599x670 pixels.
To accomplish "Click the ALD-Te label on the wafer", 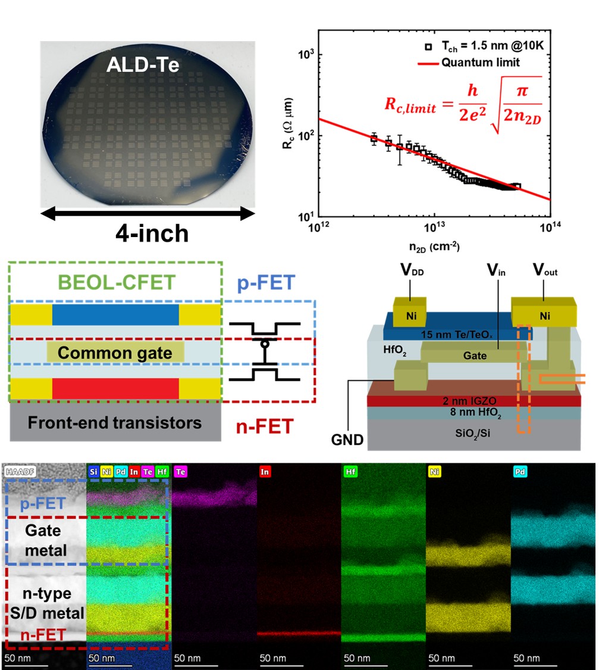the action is pyautogui.click(x=143, y=65).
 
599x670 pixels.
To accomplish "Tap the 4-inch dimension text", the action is pyautogui.click(x=152, y=233).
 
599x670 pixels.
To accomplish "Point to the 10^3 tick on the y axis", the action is pyautogui.click(x=306, y=54).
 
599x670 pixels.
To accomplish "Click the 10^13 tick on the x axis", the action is pyautogui.click(x=434, y=227).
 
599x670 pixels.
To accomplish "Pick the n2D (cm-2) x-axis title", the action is pyautogui.click(x=434, y=247).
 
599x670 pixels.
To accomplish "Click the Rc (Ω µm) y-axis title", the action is pyautogui.click(x=288, y=123).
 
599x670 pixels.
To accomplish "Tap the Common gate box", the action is pyautogui.click(x=115, y=353).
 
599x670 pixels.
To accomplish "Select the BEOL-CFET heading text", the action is pyautogui.click(x=117, y=282).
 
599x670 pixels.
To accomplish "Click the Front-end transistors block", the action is pyautogui.click(x=115, y=422).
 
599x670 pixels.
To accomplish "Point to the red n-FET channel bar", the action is pyautogui.click(x=115, y=388).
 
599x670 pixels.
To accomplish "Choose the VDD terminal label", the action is pyautogui.click(x=412, y=270).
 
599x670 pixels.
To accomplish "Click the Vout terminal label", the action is pyautogui.click(x=545, y=270).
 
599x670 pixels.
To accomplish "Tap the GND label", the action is pyautogui.click(x=347, y=440).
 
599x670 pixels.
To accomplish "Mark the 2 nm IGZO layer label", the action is pyautogui.click(x=469, y=401).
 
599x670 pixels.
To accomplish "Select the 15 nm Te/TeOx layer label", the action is pyautogui.click(x=456, y=335).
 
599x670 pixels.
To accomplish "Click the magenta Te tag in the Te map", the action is pyautogui.click(x=180, y=472).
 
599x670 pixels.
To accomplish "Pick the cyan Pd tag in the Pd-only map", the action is pyautogui.click(x=520, y=472).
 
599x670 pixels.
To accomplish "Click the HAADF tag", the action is pyautogui.click(x=20, y=472).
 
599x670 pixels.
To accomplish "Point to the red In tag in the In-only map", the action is pyautogui.click(x=265, y=472).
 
